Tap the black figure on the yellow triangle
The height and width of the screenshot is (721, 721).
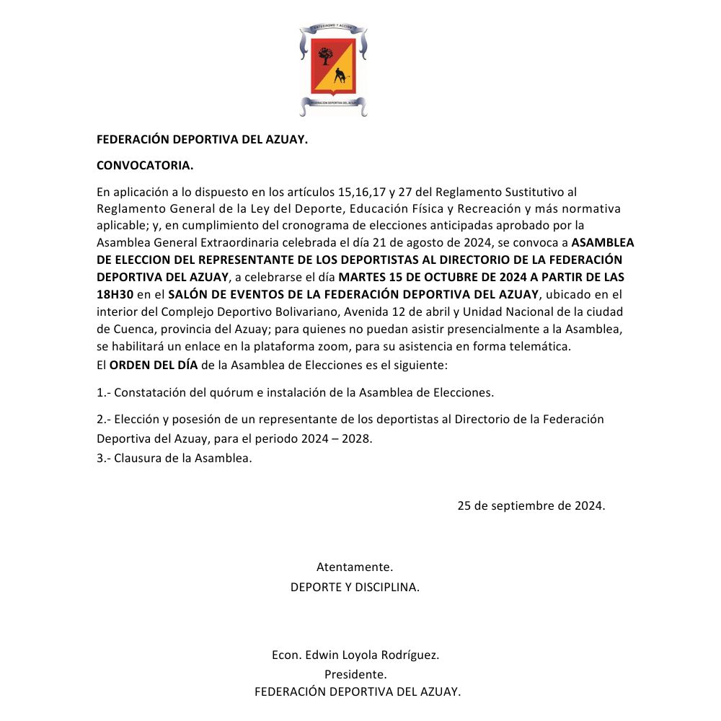[339, 75]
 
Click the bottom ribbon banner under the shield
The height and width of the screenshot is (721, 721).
[333, 103]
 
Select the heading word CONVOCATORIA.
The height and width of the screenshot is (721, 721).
[145, 166]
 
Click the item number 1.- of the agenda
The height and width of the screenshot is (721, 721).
[104, 393]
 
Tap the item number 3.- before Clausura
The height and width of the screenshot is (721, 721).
[104, 459]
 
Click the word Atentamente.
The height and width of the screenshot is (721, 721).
[355, 567]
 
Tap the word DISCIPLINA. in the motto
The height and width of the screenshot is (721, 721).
[386, 587]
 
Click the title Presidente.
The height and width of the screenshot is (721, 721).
[355, 675]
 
